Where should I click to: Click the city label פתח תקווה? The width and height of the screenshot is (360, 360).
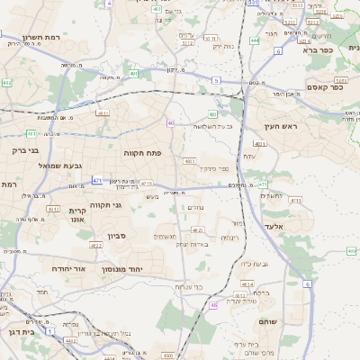point(142,154)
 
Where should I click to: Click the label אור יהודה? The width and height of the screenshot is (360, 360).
point(67,268)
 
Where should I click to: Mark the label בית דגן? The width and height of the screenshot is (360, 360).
point(19,332)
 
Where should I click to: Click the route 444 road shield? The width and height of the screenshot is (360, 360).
point(255,40)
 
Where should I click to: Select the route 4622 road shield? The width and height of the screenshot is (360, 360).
point(96,245)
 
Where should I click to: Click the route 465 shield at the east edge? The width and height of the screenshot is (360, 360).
point(351,251)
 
